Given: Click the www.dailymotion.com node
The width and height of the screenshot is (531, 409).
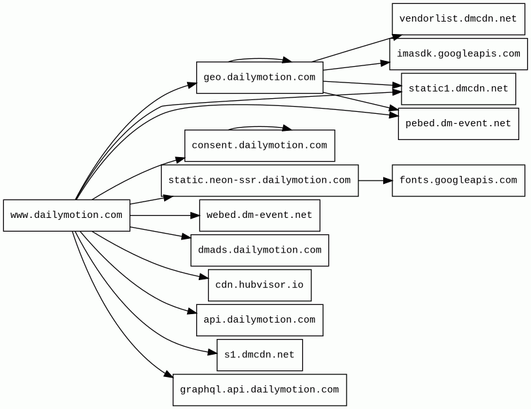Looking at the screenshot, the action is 67,215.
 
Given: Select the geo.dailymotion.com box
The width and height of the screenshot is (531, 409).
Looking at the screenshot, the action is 260,78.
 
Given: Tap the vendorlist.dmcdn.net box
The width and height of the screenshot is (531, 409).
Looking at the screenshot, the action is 458,19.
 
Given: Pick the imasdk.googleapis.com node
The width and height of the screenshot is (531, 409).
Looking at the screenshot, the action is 458,54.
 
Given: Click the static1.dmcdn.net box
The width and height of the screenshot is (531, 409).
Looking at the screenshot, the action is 458,89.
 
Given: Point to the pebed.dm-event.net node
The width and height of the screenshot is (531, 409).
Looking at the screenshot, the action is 458,124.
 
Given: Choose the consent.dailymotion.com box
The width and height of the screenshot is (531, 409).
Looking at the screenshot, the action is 260,146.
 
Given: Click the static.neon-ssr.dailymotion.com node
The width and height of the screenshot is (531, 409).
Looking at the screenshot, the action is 260,181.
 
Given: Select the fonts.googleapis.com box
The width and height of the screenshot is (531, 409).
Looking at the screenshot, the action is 458,181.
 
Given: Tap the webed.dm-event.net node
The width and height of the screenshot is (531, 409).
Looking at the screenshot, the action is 260,215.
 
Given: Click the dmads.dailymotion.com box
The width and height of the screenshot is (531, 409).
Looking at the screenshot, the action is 260,251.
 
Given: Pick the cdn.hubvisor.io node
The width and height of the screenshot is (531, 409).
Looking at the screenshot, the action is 260,285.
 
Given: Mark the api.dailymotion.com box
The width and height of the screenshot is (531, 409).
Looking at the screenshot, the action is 260,320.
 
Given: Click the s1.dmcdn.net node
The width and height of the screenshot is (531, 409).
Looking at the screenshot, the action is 260,355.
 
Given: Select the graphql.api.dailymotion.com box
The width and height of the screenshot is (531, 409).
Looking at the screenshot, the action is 260,390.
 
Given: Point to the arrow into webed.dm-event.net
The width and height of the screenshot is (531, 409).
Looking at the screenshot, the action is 165,215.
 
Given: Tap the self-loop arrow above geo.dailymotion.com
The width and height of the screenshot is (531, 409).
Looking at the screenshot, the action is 259,59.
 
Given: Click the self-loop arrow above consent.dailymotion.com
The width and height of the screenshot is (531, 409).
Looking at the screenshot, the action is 259,127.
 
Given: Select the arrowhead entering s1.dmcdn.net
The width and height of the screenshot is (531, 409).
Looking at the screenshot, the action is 213,353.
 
